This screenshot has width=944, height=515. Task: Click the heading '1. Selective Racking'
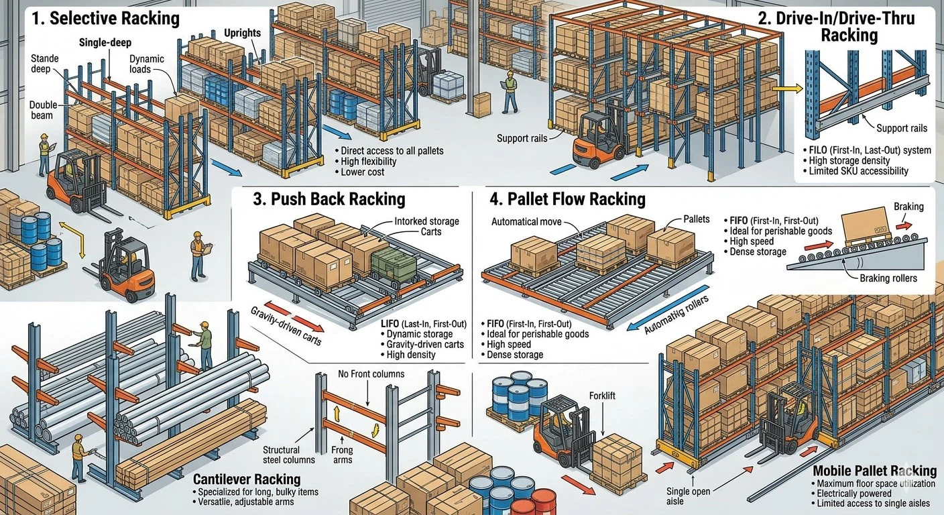105,18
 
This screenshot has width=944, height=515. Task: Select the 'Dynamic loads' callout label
146,64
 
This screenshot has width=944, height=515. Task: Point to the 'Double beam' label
43,111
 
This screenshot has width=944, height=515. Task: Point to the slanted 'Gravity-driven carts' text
286,326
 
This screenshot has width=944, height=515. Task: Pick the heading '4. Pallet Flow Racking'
567,199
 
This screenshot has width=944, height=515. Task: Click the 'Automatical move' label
526,221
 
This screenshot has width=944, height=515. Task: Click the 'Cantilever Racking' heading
246,479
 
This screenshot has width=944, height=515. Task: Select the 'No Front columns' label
371,374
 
